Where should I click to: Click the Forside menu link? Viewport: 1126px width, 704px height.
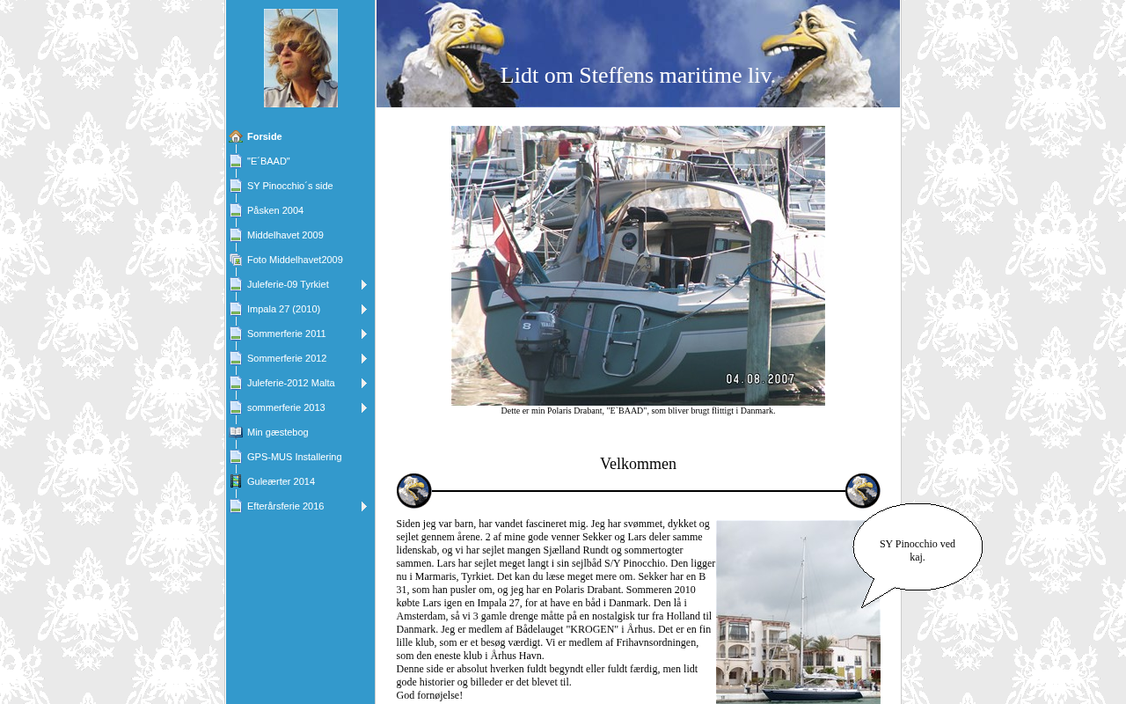pos(264,136)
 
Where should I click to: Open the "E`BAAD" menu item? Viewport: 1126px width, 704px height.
pos(268,161)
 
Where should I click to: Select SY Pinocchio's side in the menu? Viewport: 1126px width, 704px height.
pos(289,186)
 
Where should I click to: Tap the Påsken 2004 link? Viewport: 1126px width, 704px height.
pos(274,210)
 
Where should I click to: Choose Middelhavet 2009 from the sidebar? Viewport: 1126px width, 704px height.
pos(285,235)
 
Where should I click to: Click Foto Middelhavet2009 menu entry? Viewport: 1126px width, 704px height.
pos(295,260)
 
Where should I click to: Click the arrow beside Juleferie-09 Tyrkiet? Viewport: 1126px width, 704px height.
pos(364,285)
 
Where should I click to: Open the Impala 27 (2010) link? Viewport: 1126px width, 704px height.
pos(283,309)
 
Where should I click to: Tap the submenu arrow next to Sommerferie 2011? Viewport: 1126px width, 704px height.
pos(364,334)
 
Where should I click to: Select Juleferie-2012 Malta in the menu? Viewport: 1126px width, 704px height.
pos(290,383)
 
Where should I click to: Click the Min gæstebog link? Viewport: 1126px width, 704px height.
pos(277,432)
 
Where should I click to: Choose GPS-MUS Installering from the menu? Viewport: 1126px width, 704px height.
pos(294,457)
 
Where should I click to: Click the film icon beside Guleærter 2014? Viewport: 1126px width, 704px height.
pos(236,481)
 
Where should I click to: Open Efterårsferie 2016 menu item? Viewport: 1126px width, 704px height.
pos(285,506)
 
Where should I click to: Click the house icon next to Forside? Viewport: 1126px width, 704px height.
pos(236,136)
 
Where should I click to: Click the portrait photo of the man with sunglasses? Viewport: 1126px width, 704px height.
pos(301,58)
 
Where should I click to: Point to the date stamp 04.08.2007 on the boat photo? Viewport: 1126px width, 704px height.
pos(760,379)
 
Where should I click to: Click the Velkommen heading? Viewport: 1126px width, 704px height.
pos(638,464)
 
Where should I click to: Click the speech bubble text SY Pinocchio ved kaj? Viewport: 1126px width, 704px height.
pos(917,550)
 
